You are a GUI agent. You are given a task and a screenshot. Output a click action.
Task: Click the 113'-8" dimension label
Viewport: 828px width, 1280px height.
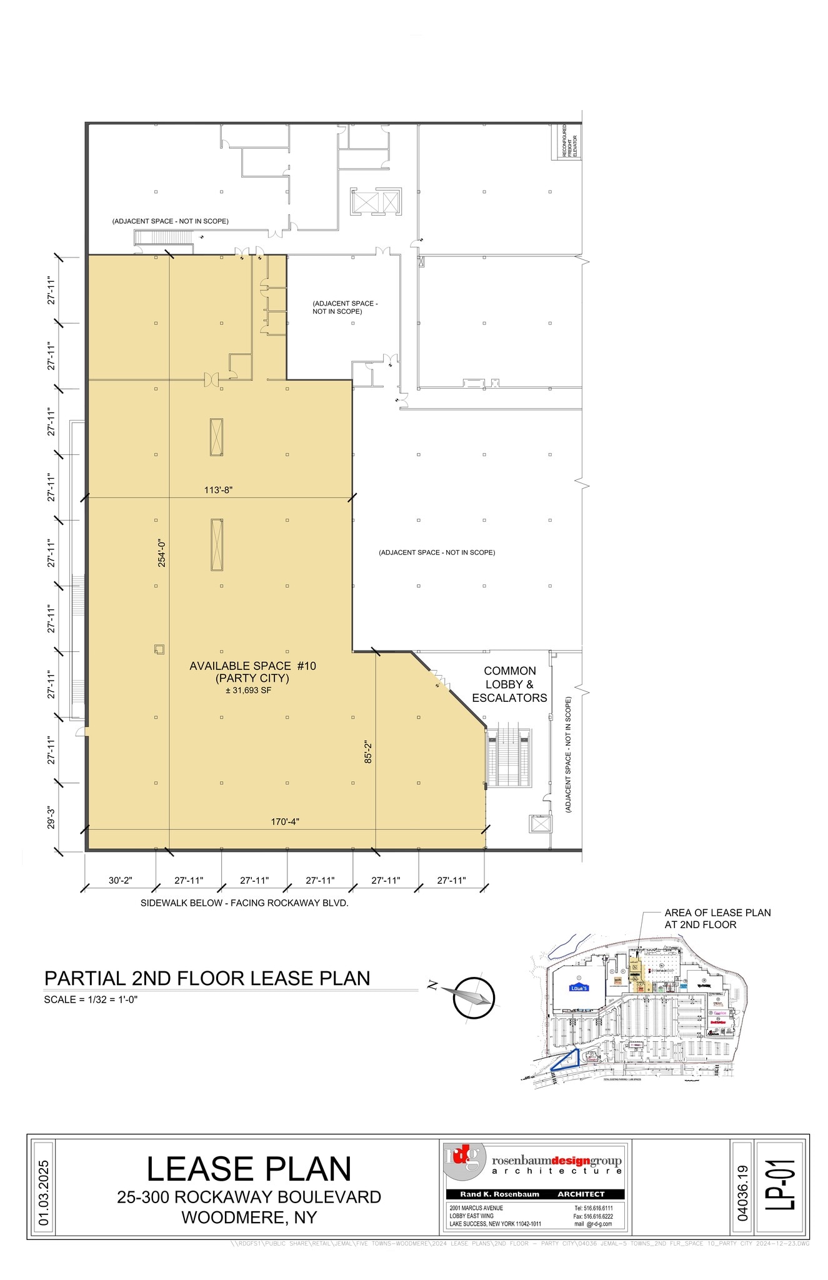coord(218,491)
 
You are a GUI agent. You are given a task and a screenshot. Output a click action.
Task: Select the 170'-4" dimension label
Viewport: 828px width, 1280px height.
coord(285,821)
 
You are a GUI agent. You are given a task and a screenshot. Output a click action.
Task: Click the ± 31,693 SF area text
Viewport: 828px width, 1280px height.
coord(249,691)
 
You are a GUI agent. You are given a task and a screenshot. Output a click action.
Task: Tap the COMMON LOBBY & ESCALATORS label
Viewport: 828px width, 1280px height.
coord(509,684)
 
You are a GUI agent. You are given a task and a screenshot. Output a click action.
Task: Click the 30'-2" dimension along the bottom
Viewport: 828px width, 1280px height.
coord(120,880)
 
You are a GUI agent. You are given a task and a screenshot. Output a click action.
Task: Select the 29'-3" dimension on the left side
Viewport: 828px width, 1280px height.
coord(52,818)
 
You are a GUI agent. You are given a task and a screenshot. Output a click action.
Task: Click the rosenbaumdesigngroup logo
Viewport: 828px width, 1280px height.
coord(535,1161)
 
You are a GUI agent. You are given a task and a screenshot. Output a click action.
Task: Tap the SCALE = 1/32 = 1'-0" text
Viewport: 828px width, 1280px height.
coord(91,999)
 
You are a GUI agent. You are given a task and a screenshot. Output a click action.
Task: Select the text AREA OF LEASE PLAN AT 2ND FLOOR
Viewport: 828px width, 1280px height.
coord(717,918)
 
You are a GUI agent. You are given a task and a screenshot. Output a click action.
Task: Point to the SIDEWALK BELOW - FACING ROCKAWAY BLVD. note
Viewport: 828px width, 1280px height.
coord(244,903)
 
